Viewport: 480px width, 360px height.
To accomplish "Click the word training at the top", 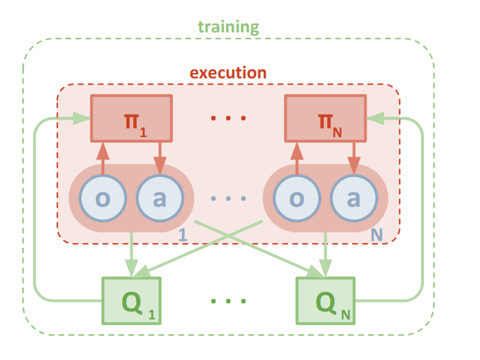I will (228, 28).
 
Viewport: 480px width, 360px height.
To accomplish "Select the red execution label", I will (228, 72).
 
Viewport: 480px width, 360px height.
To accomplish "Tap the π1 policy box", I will (131, 118).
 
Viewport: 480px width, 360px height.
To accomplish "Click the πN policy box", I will (325, 118).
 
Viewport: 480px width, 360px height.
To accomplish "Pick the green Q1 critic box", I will (131, 299).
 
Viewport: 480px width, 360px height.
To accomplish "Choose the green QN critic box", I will (325, 299).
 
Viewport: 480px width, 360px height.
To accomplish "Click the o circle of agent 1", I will (102, 199).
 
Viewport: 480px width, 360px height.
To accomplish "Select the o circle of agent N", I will (295, 199).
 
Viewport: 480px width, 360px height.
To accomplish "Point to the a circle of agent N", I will (353, 199).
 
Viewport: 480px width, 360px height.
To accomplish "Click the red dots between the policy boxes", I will (228, 119).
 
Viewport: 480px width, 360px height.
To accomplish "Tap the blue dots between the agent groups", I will (228, 199).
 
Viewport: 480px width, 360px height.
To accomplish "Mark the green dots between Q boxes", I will (228, 299).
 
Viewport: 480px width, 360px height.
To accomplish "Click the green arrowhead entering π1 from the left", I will (81, 118).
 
